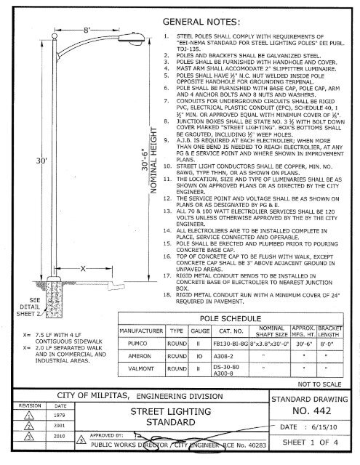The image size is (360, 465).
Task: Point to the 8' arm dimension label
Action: tap(85, 31)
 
